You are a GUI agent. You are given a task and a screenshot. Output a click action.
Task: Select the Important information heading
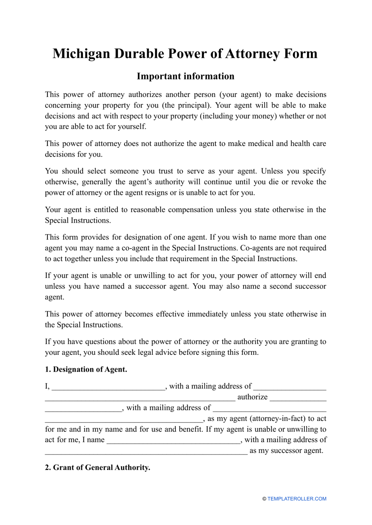pyautogui.click(x=185, y=76)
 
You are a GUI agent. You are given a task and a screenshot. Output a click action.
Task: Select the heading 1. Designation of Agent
pyautogui.click(x=86, y=369)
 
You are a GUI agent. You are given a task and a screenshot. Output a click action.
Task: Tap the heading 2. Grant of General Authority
pyautogui.click(x=97, y=467)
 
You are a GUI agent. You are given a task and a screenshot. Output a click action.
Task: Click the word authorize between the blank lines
pyautogui.click(x=252, y=397)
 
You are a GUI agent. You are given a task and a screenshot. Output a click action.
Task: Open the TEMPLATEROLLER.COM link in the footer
pyautogui.click(x=296, y=499)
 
